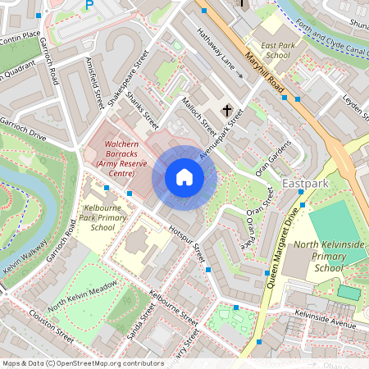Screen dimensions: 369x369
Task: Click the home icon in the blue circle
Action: point(184,177)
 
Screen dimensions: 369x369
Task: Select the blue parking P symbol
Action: point(89,6)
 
